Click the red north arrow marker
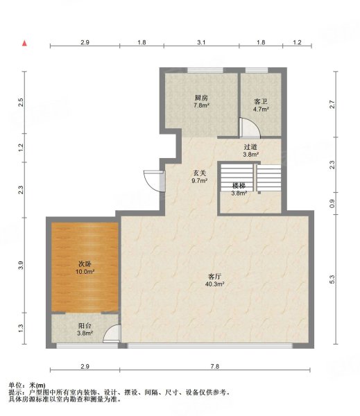24,43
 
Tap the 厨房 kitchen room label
201,98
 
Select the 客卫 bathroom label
260,102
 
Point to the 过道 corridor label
250,147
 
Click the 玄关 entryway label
199,173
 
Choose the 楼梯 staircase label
239,186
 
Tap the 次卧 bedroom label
85,264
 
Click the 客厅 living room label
214,277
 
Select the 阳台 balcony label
85,326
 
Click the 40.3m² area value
215,284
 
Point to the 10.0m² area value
85,271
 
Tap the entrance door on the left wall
155,181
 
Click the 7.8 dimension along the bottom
215,366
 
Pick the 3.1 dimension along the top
201,42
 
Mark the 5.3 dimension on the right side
332,279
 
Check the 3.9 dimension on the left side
21,266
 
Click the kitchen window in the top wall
205,70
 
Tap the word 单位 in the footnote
15,385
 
